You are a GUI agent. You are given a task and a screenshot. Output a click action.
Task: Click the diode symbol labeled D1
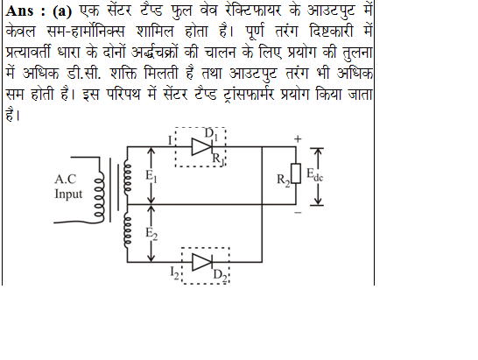tap(202, 147)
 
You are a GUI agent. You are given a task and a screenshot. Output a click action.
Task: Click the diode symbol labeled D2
tap(202, 262)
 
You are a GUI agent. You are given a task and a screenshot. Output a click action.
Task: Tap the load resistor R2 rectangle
tap(296, 173)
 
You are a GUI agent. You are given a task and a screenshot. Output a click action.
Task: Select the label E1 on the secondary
tap(151, 176)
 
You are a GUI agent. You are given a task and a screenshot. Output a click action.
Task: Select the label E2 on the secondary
tap(151, 234)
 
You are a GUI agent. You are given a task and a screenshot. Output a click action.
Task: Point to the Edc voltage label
tap(314, 175)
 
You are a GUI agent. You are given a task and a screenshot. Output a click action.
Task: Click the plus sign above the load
tap(298, 139)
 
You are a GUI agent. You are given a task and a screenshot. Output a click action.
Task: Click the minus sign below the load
tap(299, 212)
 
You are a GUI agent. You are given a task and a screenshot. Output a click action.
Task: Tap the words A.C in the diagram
tap(66, 179)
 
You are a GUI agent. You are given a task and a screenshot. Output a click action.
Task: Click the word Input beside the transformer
tap(68, 194)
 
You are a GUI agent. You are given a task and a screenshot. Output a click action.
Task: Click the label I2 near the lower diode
tap(175, 272)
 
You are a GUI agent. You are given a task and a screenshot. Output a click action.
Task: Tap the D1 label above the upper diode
tap(211, 135)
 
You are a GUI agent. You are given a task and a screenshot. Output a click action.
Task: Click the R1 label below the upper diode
tap(218, 159)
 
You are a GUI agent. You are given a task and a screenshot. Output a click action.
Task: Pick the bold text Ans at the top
tap(19, 11)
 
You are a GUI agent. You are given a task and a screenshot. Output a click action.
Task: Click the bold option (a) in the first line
tap(62, 11)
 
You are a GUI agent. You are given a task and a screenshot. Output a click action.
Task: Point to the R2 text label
tap(283, 180)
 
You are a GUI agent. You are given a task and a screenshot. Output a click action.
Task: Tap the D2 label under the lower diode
tap(220, 276)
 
